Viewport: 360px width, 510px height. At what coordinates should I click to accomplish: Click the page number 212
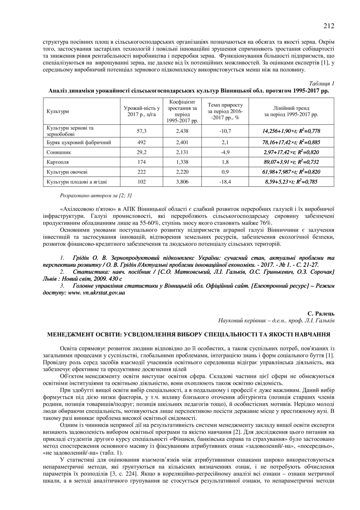click(x=328, y=26)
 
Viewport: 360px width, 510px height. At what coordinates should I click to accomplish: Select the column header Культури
click(x=58, y=111)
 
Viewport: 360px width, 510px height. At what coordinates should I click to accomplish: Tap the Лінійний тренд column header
click(x=291, y=111)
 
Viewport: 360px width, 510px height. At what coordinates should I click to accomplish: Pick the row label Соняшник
click(x=59, y=152)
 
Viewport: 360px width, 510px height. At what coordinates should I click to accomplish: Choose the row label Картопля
click(x=58, y=162)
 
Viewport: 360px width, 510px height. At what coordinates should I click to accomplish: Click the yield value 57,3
click(x=141, y=131)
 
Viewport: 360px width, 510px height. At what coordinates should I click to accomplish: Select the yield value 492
click(x=141, y=142)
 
